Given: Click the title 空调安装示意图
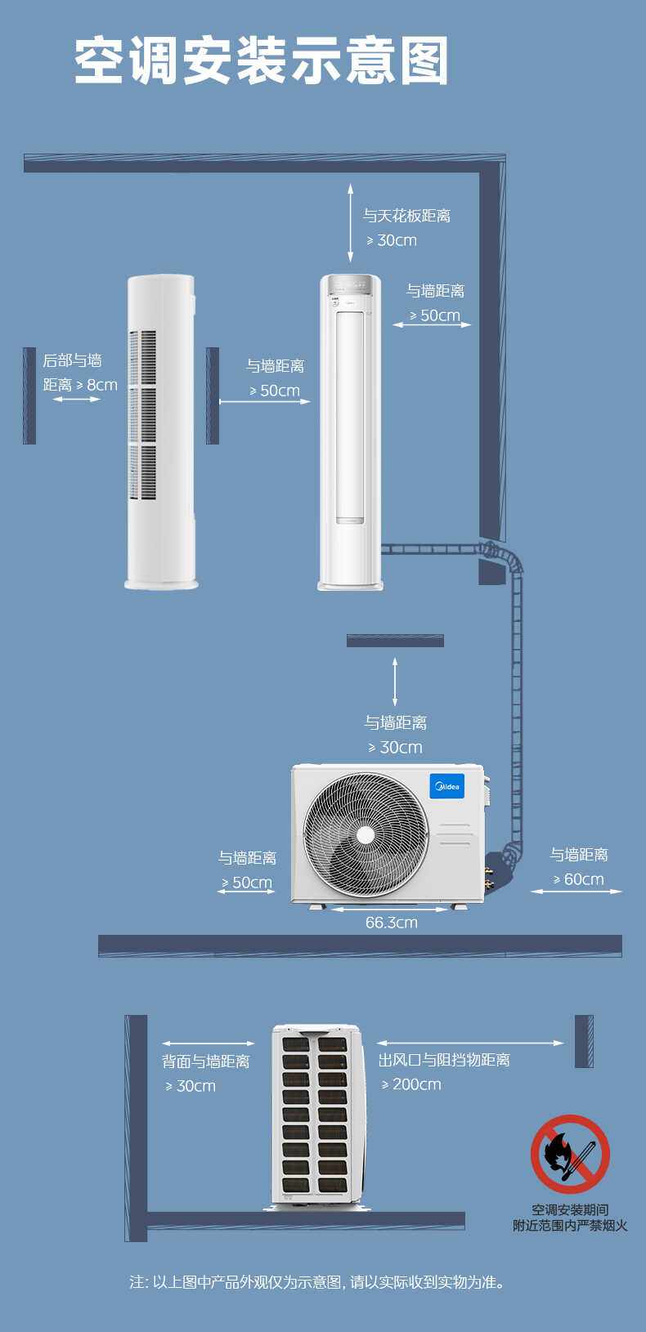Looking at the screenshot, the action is coord(261,60).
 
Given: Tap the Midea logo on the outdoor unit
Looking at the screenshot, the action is coord(446,786).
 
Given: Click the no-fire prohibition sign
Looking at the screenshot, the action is coord(570,1154).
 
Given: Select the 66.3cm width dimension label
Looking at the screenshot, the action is coord(392,923).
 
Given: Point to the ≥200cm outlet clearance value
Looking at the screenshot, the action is coord(411,1084).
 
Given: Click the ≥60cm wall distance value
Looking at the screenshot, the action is coord(578,879).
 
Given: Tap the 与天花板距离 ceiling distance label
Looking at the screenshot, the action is coord(407,215).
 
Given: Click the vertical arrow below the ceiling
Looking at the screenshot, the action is coord(350,223).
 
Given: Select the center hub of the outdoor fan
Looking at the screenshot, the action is coord(366,835).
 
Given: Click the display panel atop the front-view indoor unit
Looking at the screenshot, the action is coord(350,288).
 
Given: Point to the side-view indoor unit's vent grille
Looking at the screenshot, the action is coord(143,414).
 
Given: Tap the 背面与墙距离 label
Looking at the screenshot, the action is coord(206,1062).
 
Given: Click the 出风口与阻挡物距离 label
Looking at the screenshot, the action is coord(444,1060).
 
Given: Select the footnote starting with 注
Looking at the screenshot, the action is coord(317,1281).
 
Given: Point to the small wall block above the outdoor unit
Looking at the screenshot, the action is coord(395,641).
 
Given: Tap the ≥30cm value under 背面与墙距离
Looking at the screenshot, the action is coord(191,1086).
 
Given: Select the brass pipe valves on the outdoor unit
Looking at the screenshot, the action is coord(490,878).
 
